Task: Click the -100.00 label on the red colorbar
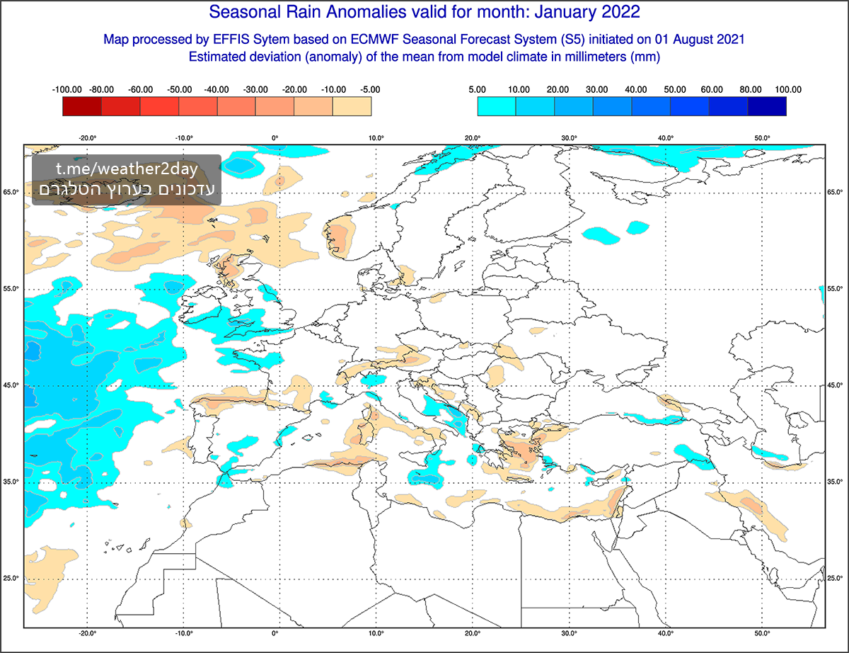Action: [67, 90]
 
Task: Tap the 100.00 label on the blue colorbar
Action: [787, 90]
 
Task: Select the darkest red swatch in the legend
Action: [82, 106]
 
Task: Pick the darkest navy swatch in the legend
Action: [766, 106]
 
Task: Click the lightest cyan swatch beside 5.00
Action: [496, 106]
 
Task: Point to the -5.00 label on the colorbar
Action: [369, 90]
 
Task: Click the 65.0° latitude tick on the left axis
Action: [12, 193]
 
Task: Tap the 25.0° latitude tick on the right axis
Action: [836, 578]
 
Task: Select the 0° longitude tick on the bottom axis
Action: [275, 633]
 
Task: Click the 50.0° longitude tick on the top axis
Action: [761, 138]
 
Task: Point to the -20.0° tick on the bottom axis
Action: [87, 633]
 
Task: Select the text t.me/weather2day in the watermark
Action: [127, 170]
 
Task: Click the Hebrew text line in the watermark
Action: [127, 190]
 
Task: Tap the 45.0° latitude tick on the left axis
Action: [12, 385]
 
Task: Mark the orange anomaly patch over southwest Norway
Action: [341, 236]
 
